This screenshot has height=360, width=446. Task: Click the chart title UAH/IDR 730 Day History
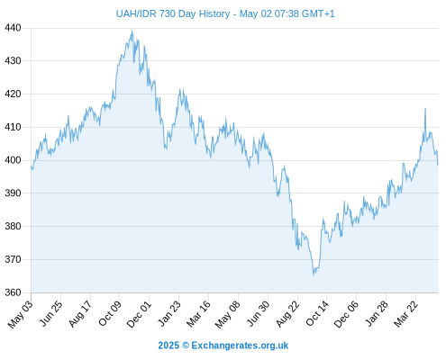click(x=173, y=13)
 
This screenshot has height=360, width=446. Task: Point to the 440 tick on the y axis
click(x=13, y=28)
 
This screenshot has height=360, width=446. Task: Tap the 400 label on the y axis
click(x=13, y=160)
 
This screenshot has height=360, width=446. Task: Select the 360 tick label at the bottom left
click(x=13, y=292)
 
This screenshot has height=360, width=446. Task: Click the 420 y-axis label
click(x=13, y=94)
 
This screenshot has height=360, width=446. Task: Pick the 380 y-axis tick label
click(x=13, y=226)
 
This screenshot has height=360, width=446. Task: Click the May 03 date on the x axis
click(x=20, y=314)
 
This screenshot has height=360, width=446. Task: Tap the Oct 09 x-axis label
click(x=110, y=313)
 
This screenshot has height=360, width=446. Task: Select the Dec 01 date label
click(x=139, y=314)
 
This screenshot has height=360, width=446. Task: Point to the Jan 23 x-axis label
click(x=169, y=313)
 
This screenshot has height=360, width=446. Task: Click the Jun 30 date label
click(x=258, y=313)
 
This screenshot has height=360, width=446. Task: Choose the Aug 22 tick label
click(x=287, y=314)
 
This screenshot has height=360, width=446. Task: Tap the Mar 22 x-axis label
click(x=405, y=314)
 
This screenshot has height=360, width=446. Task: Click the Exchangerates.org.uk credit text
click(x=240, y=346)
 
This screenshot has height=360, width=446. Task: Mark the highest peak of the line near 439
click(x=132, y=31)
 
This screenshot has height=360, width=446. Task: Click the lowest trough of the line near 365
click(x=314, y=274)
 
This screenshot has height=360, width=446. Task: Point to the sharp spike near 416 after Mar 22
click(x=425, y=109)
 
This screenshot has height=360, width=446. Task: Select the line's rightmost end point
click(x=438, y=164)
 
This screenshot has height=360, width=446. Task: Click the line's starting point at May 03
click(x=31, y=166)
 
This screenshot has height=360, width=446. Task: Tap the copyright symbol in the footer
click(x=186, y=346)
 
